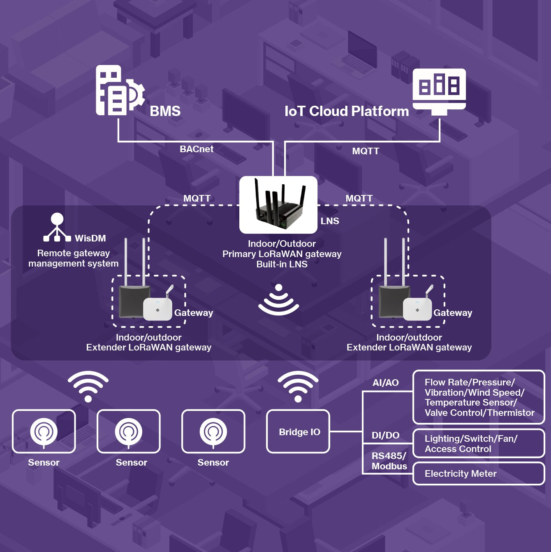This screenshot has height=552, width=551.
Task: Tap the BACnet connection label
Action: (x=197, y=149)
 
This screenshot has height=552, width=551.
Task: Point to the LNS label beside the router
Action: (x=330, y=221)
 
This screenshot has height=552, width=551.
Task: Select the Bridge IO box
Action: (x=298, y=431)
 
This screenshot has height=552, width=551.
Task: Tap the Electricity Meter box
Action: (x=478, y=473)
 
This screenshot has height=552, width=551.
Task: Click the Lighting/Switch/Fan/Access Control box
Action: (x=478, y=443)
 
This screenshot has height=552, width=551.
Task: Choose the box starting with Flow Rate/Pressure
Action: (x=478, y=397)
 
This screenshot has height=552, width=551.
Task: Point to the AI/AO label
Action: (x=385, y=383)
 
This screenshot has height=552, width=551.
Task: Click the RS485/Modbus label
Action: (x=389, y=461)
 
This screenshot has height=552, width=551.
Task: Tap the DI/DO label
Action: (x=385, y=435)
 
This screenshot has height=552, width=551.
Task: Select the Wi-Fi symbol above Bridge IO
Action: (x=298, y=386)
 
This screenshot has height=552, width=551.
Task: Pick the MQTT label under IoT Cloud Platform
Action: (x=366, y=151)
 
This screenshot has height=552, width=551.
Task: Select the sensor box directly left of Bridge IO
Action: (x=213, y=431)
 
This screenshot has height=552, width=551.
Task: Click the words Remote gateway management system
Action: (x=73, y=258)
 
